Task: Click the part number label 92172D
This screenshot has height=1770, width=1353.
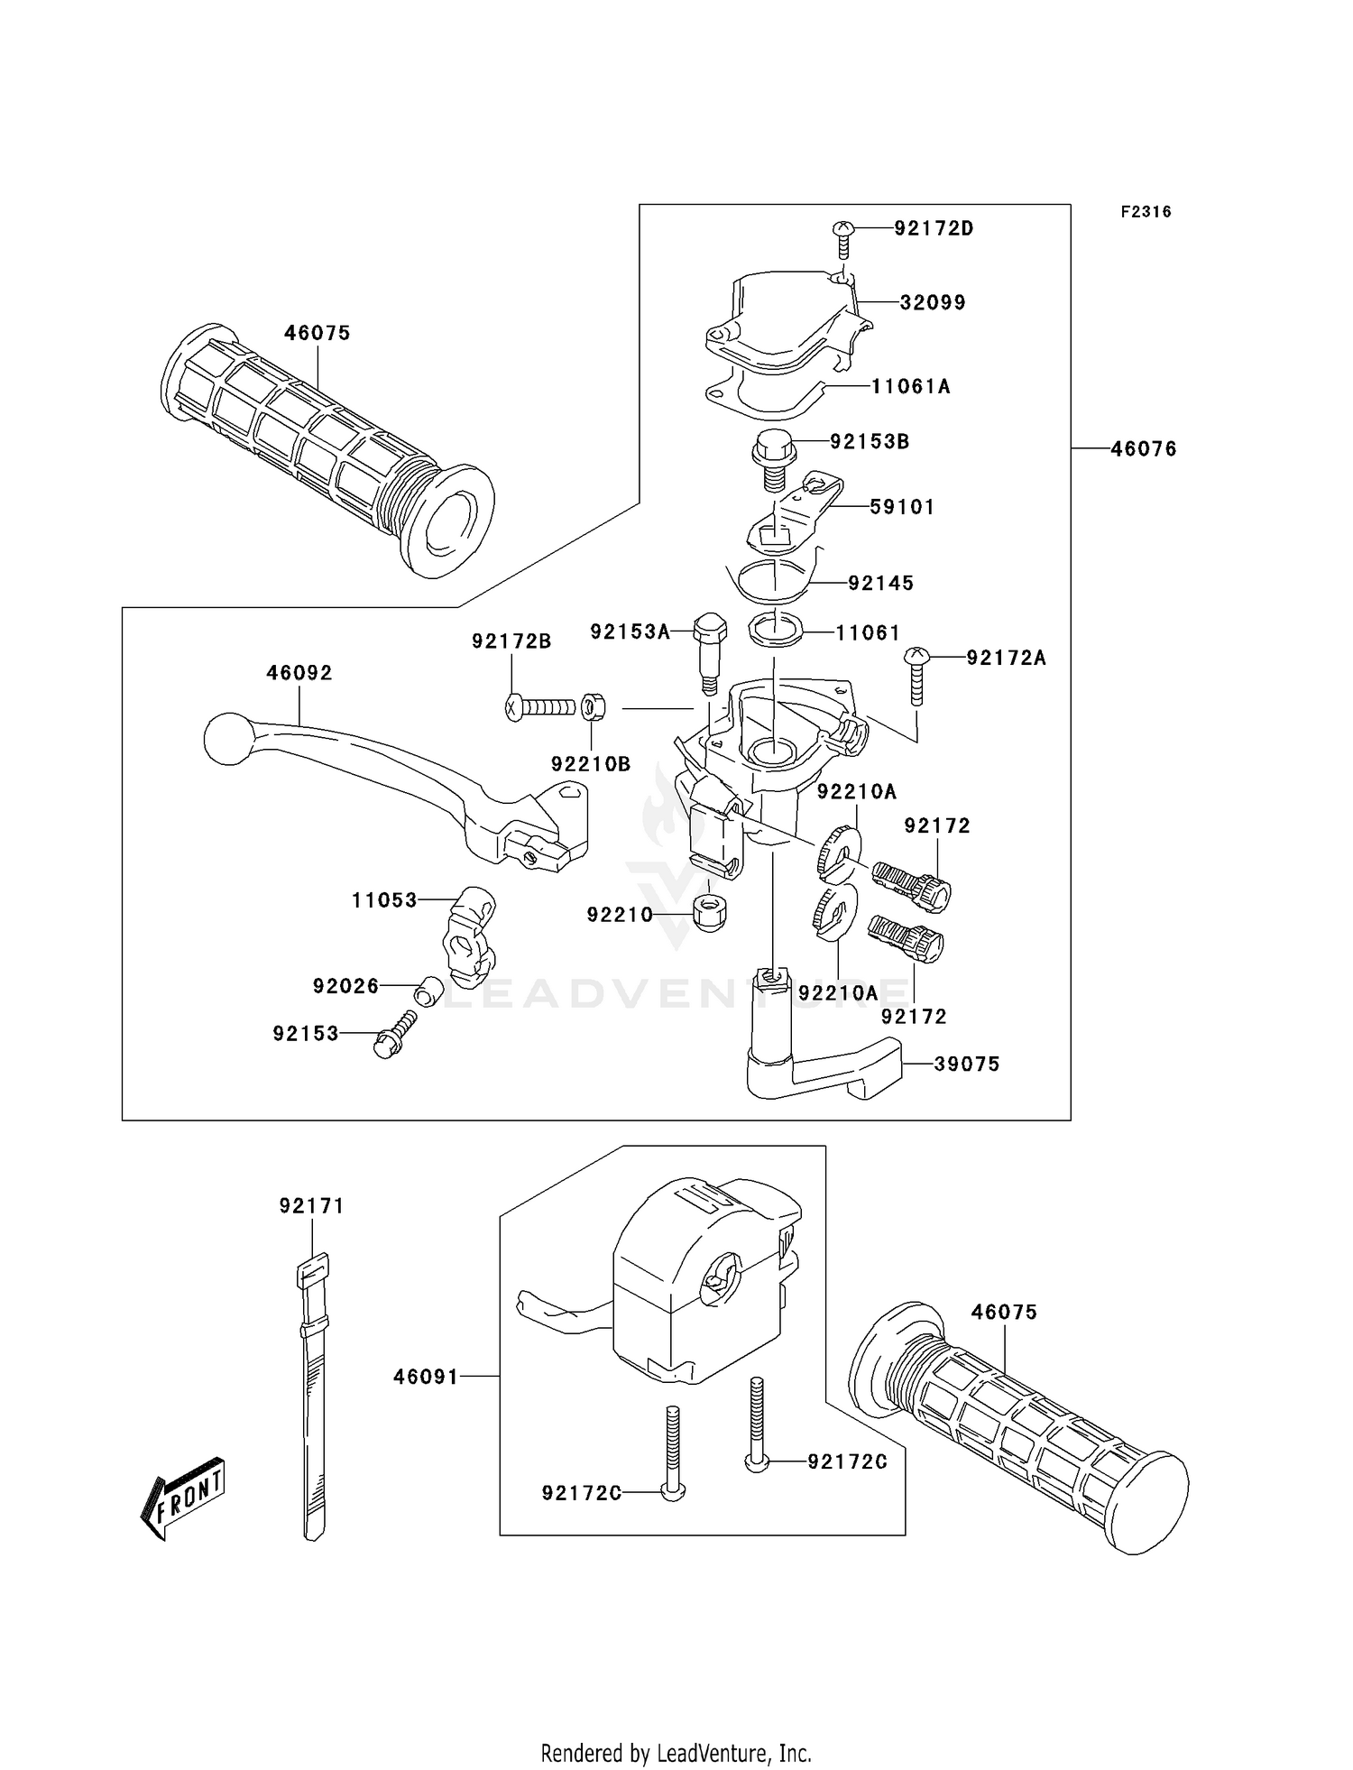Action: tap(934, 228)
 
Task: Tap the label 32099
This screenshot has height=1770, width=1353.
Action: tap(933, 302)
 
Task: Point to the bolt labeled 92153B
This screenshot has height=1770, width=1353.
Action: tap(773, 458)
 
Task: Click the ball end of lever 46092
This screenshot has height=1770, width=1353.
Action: tap(228, 740)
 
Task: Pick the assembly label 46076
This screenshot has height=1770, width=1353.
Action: tap(1143, 448)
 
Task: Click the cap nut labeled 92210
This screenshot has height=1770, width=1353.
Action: tap(710, 914)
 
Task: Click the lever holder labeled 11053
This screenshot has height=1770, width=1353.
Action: tap(467, 935)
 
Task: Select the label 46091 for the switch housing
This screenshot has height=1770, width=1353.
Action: tap(426, 1377)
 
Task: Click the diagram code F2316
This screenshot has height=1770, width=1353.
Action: tap(1146, 212)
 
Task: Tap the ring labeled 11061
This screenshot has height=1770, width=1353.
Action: tap(775, 629)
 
